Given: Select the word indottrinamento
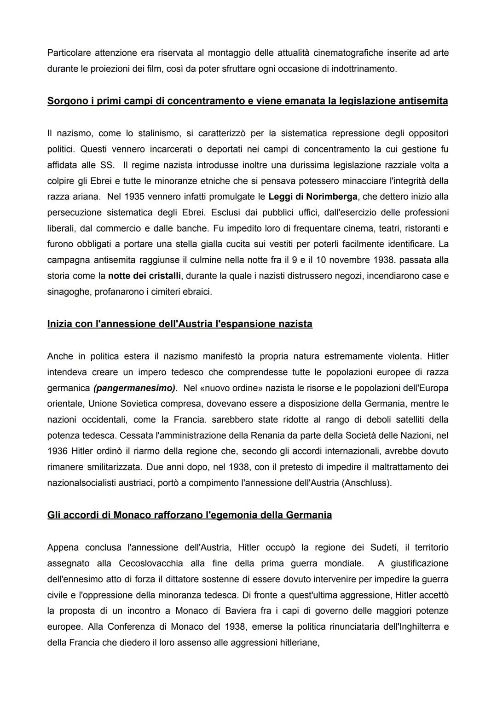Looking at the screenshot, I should tap(363, 69).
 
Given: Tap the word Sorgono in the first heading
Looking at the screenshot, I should tap(69, 101).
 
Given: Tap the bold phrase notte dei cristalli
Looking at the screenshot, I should tap(144, 276).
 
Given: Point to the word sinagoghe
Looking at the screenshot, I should tap(69, 292).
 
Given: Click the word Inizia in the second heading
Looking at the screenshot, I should tap(60, 324).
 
